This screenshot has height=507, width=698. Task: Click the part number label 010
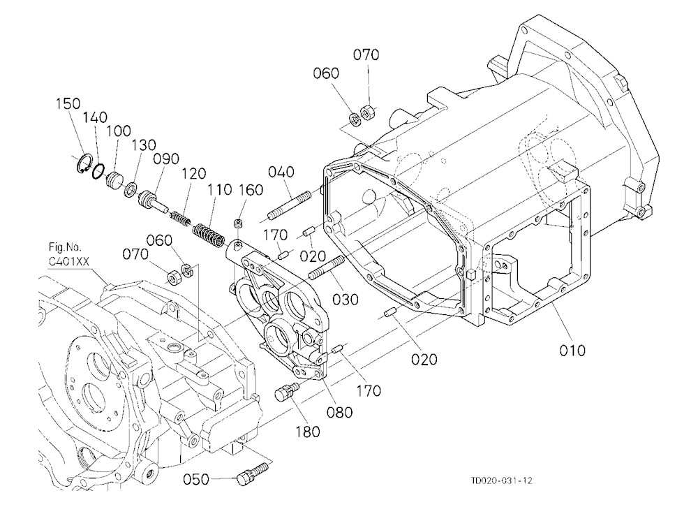click(x=572, y=351)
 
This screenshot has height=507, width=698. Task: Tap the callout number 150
click(x=68, y=104)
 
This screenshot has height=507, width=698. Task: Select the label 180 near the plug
click(x=308, y=432)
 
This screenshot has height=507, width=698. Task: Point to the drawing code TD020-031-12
click(x=501, y=480)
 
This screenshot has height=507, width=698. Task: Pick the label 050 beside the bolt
click(x=196, y=479)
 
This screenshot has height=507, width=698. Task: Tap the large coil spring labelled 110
click(x=208, y=235)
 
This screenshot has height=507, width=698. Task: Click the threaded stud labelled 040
click(x=290, y=205)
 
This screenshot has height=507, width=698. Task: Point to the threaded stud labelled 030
click(x=327, y=267)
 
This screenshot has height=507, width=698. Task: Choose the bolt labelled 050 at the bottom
click(x=252, y=473)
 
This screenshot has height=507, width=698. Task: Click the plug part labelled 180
click(x=287, y=391)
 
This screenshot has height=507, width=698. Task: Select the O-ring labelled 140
click(x=98, y=171)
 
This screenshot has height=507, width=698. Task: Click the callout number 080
click(x=340, y=412)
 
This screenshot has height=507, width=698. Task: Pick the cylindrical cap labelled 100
click(x=115, y=180)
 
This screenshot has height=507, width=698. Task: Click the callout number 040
click(x=281, y=172)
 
